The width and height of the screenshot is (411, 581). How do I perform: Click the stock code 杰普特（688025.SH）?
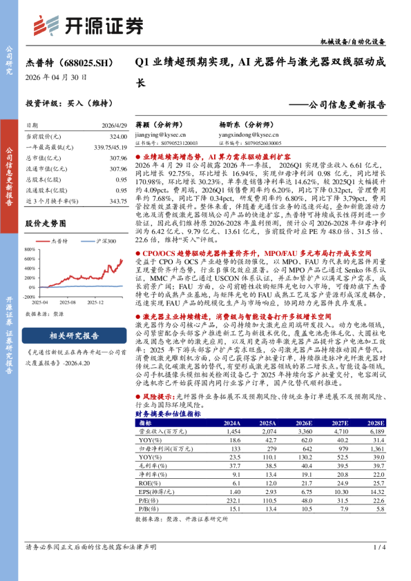tap(69, 63)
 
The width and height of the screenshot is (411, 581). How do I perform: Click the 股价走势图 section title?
tap(46, 224)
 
